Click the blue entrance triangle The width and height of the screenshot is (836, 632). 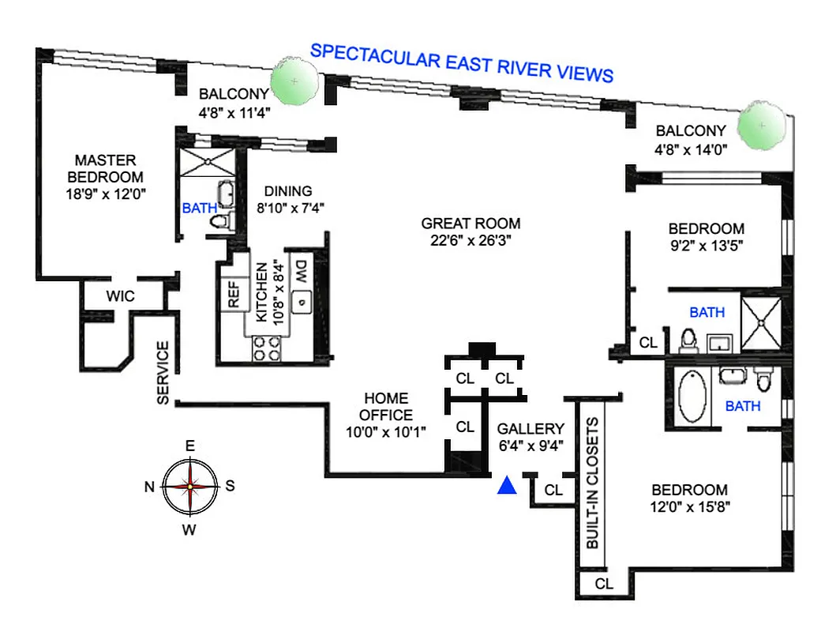coord(508,486)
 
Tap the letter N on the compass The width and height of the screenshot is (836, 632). coord(148,487)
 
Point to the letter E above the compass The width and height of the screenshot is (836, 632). coord(189,446)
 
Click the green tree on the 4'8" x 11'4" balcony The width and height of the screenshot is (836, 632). coord(295,81)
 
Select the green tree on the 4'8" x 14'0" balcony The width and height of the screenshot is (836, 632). coord(763,126)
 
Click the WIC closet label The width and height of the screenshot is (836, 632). coord(121,297)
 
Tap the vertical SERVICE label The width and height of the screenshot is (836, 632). coord(163,373)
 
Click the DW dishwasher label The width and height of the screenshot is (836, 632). coord(300,273)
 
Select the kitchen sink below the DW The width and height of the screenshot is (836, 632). coord(300,301)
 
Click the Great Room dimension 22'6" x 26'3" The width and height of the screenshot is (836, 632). coord(470,241)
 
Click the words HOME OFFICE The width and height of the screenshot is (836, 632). coord(386,406)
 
